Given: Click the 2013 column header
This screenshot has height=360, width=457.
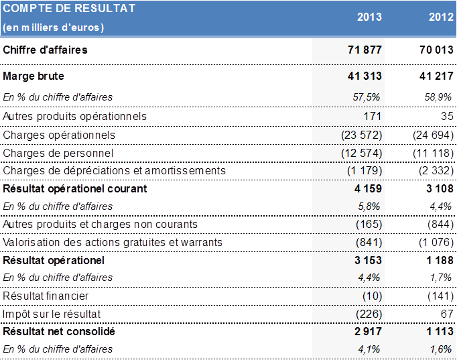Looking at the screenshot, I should click(369, 17).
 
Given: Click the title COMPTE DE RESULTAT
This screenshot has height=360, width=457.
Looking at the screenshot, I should click(69, 9).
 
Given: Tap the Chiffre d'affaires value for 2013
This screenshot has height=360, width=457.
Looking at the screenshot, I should click(365, 50).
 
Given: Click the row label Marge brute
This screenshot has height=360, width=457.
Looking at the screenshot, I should click(34, 76).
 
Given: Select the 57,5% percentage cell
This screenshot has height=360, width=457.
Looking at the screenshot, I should click(367, 97).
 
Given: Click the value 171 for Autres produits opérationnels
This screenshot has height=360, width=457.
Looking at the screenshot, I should click(373, 117).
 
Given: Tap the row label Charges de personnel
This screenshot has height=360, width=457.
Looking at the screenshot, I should click(58, 153).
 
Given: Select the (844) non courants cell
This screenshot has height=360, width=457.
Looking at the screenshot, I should click(440, 224).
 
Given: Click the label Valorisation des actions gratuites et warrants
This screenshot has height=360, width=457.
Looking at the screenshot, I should click(113, 242).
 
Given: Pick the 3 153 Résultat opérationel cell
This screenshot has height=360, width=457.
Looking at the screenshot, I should click(367, 260).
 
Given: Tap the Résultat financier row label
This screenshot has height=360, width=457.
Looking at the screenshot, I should click(46, 296).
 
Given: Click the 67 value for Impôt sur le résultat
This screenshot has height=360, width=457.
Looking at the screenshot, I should click(449, 314).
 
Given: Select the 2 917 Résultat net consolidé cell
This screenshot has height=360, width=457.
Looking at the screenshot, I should click(367, 332).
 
